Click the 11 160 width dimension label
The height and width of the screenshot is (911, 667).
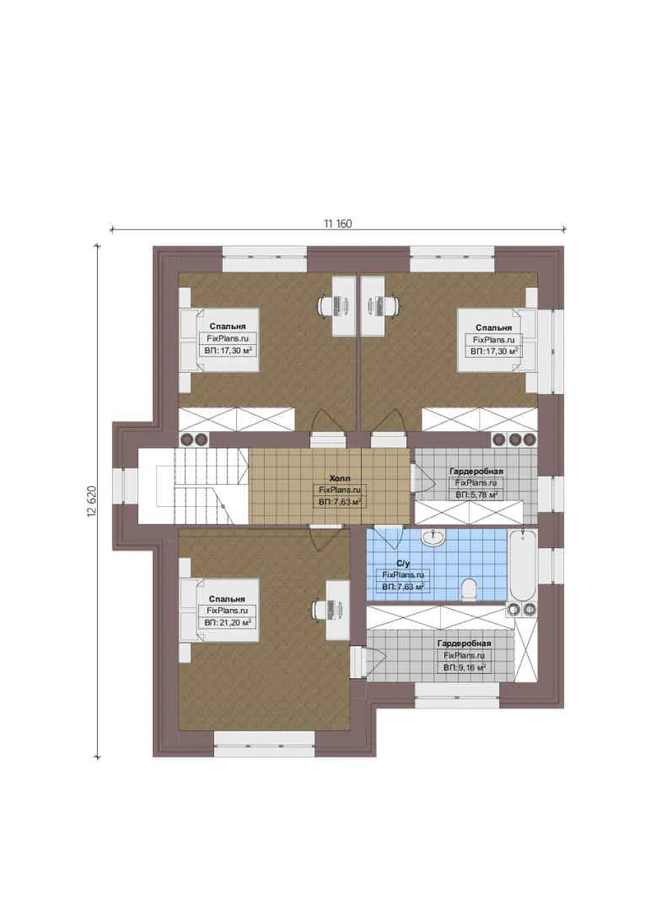[x=337, y=224]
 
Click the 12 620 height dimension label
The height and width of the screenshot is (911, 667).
[x=91, y=501]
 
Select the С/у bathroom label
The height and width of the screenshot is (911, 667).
[x=403, y=563]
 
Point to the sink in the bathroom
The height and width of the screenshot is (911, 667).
[x=432, y=538]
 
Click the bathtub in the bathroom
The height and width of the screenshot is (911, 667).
[x=523, y=565]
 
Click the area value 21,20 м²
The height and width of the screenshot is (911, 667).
[x=228, y=623]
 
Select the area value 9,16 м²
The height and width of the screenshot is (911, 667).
[x=465, y=668]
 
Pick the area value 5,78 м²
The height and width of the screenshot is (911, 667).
[x=476, y=495]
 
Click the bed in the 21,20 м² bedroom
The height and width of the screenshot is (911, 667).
[x=218, y=610]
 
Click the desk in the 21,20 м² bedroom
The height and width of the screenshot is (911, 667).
[x=337, y=610]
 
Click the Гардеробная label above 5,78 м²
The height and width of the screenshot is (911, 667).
[x=476, y=472]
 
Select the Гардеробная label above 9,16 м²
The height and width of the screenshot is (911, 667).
[x=465, y=643]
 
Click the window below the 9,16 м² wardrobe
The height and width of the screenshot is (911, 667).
[x=457, y=695]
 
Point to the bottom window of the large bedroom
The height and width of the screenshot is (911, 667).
[x=265, y=744]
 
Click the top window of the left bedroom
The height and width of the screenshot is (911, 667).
[x=265, y=259]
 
